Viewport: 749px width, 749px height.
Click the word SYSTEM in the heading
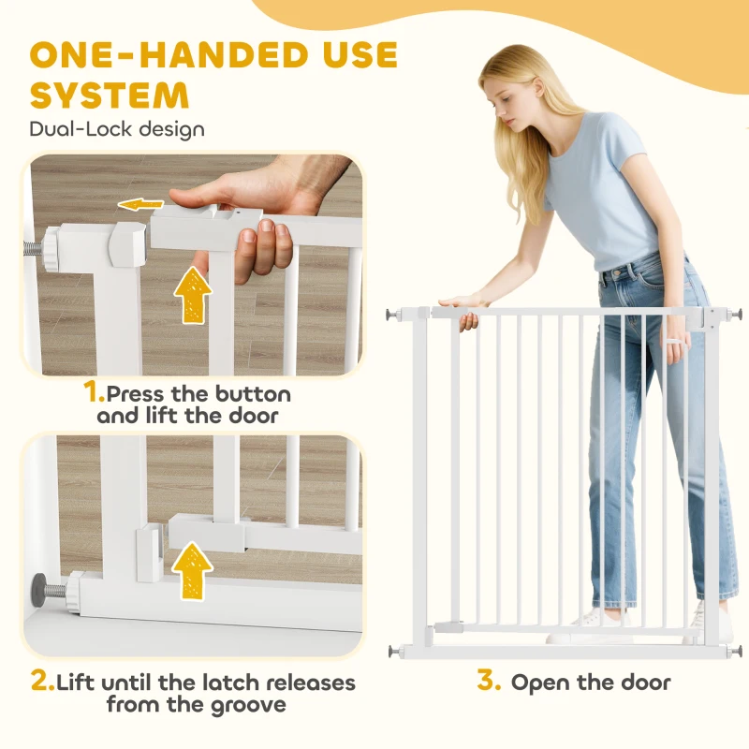[x=110, y=95]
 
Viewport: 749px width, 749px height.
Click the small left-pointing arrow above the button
[x=141, y=205]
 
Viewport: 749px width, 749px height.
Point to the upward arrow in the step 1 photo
[x=193, y=295]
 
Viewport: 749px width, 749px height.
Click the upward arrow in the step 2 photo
[x=193, y=571]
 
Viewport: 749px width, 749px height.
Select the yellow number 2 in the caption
[x=43, y=681]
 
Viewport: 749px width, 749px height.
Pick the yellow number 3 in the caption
[x=489, y=680]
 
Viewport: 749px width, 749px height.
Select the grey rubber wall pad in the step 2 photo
[x=37, y=587]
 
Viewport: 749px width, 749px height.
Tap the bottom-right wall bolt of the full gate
[x=735, y=651]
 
